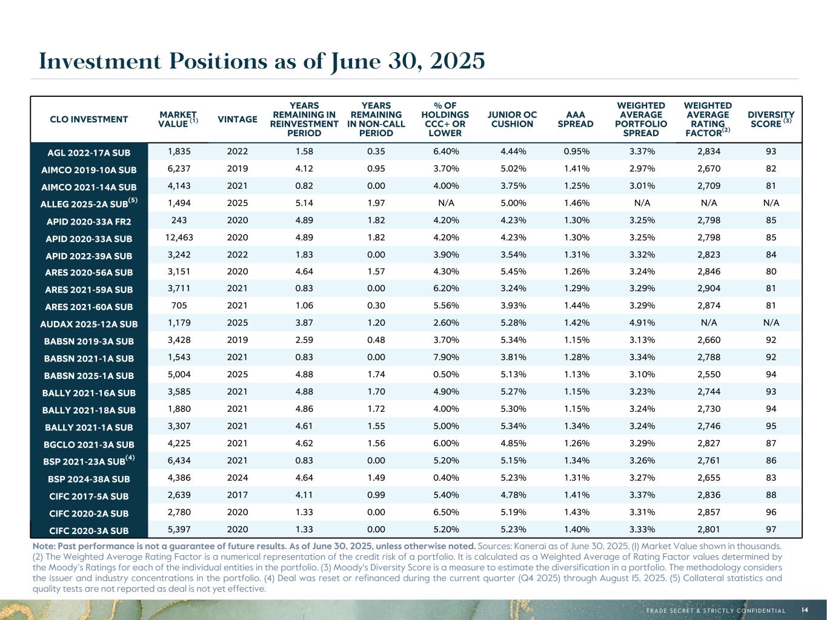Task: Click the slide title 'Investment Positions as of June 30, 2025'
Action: [262, 61]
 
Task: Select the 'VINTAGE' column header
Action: [237, 119]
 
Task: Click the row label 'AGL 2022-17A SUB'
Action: [90, 153]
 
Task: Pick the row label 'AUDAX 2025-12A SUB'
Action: [90, 324]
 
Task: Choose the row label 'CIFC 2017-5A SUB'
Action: [90, 496]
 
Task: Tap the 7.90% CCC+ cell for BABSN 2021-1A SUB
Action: [445, 357]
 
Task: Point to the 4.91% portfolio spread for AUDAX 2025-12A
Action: [642, 323]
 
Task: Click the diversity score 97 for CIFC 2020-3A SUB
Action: [771, 529]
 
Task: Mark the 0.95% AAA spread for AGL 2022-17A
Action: [576, 151]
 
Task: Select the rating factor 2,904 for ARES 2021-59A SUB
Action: [708, 289]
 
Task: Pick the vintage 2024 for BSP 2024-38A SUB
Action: [237, 478]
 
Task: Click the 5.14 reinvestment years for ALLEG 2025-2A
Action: [304, 203]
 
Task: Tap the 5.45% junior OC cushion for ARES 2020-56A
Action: [513, 272]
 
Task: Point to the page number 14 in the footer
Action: [805, 610]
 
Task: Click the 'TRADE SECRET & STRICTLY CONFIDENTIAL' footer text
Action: [716, 610]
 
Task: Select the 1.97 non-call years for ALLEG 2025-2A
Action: [376, 203]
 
